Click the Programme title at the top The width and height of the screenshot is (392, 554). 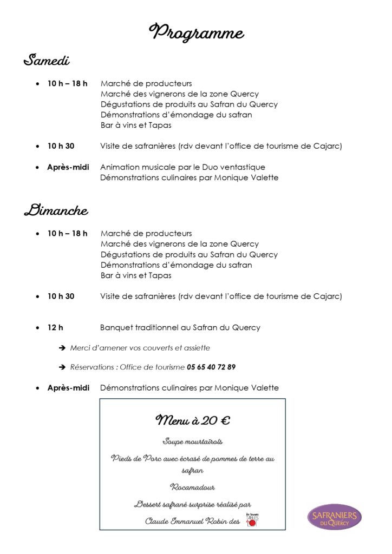coord(196,33)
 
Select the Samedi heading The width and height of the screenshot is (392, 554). coord(47,60)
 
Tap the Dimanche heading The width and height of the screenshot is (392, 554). coord(56,210)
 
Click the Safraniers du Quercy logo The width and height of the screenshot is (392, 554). coord(334,517)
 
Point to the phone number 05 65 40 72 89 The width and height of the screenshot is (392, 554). coord(211,367)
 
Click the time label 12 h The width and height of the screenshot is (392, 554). coord(55,327)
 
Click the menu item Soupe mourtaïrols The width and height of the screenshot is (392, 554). coord(192,441)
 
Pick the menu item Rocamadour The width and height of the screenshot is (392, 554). coord(192,487)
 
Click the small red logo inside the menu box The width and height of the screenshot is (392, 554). coord(253,519)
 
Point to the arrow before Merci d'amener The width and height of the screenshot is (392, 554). coord(62,348)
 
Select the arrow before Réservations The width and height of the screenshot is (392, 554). coord(62,367)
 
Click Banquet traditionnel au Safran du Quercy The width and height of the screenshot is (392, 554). coord(180,327)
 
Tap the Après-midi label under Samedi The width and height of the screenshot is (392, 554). coord(68,167)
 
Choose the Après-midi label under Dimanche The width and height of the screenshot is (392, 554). coord(68,388)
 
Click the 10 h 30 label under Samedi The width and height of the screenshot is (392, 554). coord(61,146)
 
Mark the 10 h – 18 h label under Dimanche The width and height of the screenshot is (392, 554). coord(67,233)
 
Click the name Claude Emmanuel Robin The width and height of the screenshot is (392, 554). coord(185,522)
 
